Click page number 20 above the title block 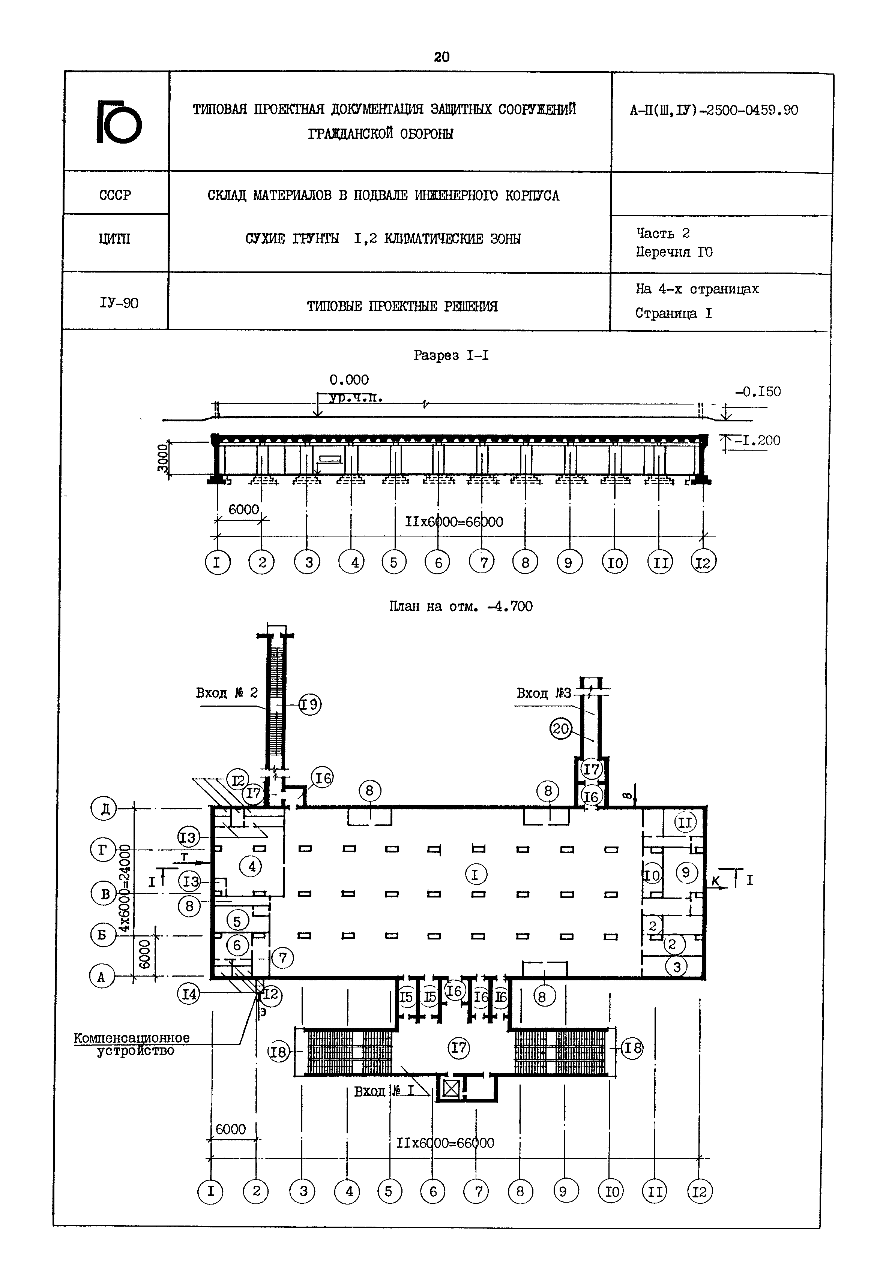click(441, 57)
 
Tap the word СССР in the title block click(115, 195)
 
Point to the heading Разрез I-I click(451, 355)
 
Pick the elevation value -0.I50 click(758, 392)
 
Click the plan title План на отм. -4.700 click(460, 607)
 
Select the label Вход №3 click(544, 693)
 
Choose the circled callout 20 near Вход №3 click(561, 728)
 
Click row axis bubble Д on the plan click(103, 809)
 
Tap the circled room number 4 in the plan click(251, 866)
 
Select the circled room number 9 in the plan click(686, 873)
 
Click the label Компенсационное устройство click(132, 1044)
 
